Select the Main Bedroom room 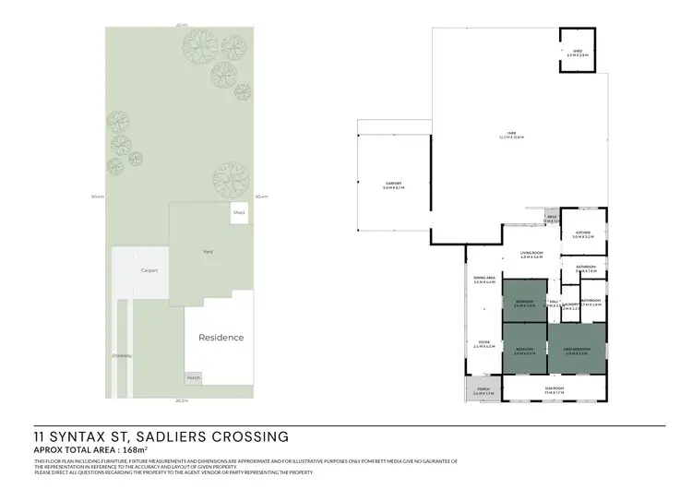[x=577, y=348]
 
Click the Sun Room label [x=554, y=391]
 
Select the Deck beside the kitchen [x=551, y=219]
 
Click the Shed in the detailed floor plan [x=578, y=52]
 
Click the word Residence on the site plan [x=221, y=338]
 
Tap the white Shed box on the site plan [x=239, y=212]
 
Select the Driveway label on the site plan [x=122, y=355]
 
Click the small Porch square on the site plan [x=193, y=378]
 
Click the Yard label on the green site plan [x=208, y=251]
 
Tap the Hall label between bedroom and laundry [x=554, y=301]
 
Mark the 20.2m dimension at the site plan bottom [x=182, y=401]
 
